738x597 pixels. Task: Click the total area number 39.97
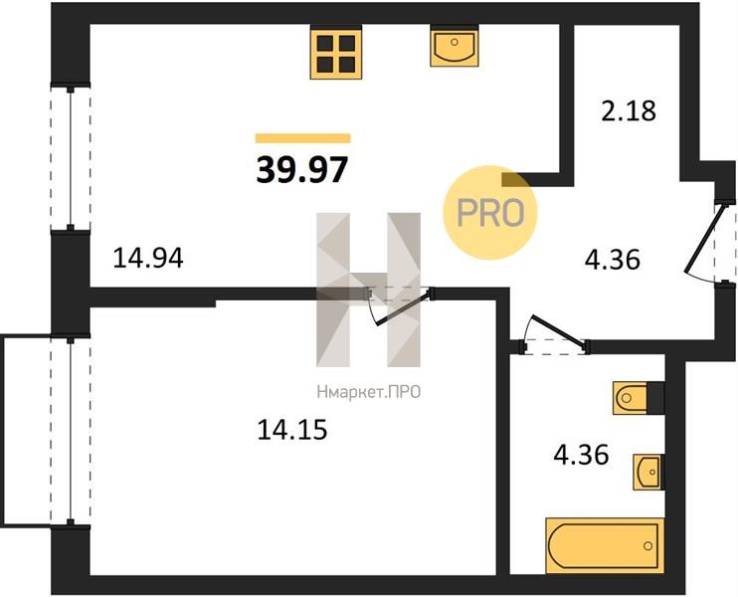click(x=301, y=169)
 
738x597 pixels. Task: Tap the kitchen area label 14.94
click(x=148, y=259)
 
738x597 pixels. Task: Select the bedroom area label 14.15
click(x=291, y=430)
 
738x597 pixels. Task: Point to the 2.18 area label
click(x=629, y=111)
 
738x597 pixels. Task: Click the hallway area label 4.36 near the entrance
click(x=613, y=260)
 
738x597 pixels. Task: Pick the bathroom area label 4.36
click(x=581, y=455)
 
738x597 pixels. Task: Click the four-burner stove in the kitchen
click(x=336, y=53)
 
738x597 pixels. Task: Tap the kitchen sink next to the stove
click(x=455, y=46)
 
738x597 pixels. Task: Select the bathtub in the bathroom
click(x=605, y=545)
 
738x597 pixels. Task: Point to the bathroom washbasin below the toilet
click(x=648, y=472)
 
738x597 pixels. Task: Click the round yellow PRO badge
click(x=490, y=212)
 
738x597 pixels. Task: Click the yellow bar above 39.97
click(x=303, y=138)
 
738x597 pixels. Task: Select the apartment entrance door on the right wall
click(x=702, y=240)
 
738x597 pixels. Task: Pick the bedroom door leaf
click(x=403, y=308)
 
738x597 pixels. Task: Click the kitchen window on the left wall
click(x=71, y=157)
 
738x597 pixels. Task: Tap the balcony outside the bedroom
click(x=26, y=430)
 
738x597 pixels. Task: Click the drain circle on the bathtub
click(x=648, y=545)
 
